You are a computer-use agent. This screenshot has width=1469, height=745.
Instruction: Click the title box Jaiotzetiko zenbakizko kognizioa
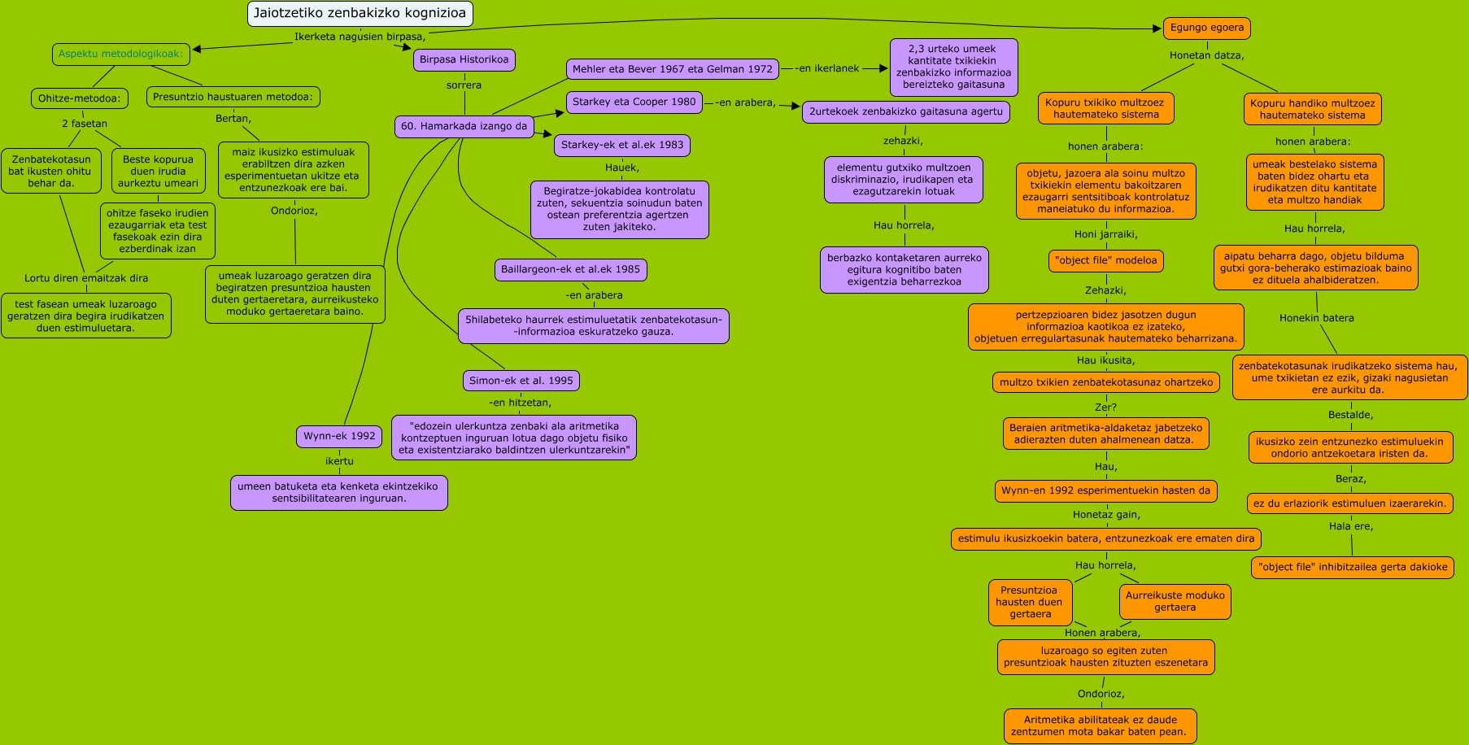click(360, 13)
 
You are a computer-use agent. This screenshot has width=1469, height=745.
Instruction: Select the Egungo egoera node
click(1206, 28)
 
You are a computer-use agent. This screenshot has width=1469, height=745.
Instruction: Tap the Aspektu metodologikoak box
click(121, 54)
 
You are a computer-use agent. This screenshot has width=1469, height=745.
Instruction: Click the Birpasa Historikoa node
click(464, 59)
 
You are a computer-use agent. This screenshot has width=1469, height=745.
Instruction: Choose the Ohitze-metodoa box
click(79, 98)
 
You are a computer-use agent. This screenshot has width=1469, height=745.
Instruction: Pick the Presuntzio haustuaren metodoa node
click(233, 97)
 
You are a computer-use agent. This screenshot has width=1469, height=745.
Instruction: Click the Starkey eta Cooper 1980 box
click(634, 102)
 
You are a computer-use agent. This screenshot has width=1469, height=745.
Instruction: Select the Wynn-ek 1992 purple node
click(339, 436)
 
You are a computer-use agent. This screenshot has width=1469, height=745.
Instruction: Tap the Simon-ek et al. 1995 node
click(521, 381)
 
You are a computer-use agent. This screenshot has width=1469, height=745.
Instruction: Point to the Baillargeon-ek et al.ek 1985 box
click(570, 269)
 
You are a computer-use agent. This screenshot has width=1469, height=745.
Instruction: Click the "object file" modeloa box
click(1105, 261)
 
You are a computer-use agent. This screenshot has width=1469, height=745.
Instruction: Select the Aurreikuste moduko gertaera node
click(1175, 601)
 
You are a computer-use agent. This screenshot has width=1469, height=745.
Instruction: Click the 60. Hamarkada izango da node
click(464, 126)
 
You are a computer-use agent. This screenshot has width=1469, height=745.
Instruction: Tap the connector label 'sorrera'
click(464, 85)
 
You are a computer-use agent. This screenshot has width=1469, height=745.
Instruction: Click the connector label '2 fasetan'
click(85, 124)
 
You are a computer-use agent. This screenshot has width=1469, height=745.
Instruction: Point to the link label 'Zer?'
click(1105, 407)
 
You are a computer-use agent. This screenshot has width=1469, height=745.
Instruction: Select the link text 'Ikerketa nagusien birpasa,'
click(360, 37)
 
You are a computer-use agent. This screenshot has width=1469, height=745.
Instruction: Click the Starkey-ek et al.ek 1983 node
click(622, 145)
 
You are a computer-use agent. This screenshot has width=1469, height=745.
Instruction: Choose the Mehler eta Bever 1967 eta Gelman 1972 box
click(672, 69)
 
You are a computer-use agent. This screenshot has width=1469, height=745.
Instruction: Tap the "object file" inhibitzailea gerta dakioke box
click(1352, 567)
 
